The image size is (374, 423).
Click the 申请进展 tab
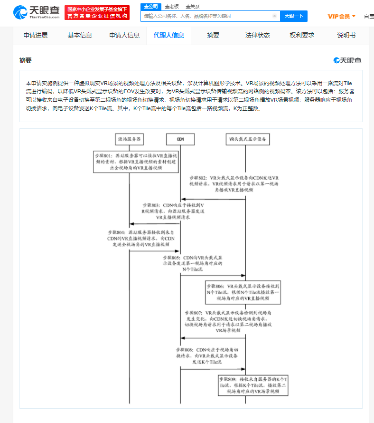(36, 35)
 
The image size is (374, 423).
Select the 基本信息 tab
(80, 35)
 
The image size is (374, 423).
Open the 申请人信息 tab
(124, 35)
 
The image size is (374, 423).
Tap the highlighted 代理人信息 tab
(169, 35)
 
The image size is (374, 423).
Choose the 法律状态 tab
(258, 35)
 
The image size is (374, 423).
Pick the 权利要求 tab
(302, 35)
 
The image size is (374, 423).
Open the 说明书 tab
(346, 35)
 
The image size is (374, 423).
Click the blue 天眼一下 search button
(294, 16)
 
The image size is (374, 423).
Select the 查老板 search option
(172, 6)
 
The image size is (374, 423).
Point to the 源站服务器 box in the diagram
(130, 139)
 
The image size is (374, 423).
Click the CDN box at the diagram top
(180, 139)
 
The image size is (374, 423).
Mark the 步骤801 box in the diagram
(130, 162)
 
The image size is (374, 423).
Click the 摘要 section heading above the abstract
(26, 60)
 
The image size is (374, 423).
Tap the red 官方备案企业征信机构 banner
(97, 16)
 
